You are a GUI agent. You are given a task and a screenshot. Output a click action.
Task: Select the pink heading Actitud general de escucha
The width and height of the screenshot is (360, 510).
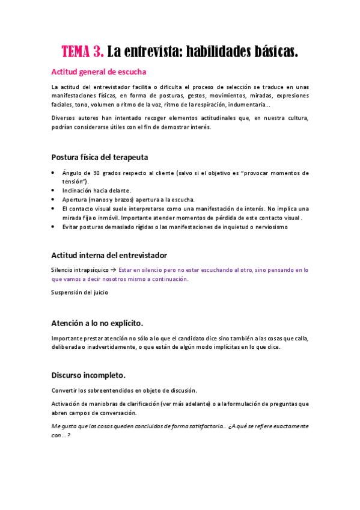tap(99, 72)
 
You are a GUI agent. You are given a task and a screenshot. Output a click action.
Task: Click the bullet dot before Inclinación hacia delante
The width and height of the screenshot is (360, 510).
tap(54, 191)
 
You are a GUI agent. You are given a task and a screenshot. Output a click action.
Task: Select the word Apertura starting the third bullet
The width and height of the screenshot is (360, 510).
tap(75, 200)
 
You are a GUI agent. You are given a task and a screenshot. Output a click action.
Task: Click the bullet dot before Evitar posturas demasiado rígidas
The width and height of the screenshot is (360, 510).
tap(54, 227)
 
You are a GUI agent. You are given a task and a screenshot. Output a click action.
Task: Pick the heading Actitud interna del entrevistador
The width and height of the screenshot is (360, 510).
tap(109, 255)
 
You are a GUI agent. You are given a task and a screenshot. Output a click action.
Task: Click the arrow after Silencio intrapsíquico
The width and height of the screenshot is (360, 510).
tap(113, 270)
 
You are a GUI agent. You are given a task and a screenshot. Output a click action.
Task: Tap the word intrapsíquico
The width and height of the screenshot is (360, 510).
tap(90, 270)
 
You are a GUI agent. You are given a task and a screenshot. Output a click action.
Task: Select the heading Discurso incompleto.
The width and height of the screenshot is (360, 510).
tap(88, 375)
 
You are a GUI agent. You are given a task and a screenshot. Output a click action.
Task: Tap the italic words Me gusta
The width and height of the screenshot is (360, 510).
tap(63, 426)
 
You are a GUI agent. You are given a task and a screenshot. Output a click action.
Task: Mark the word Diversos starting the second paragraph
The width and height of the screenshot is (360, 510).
tap(64, 118)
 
